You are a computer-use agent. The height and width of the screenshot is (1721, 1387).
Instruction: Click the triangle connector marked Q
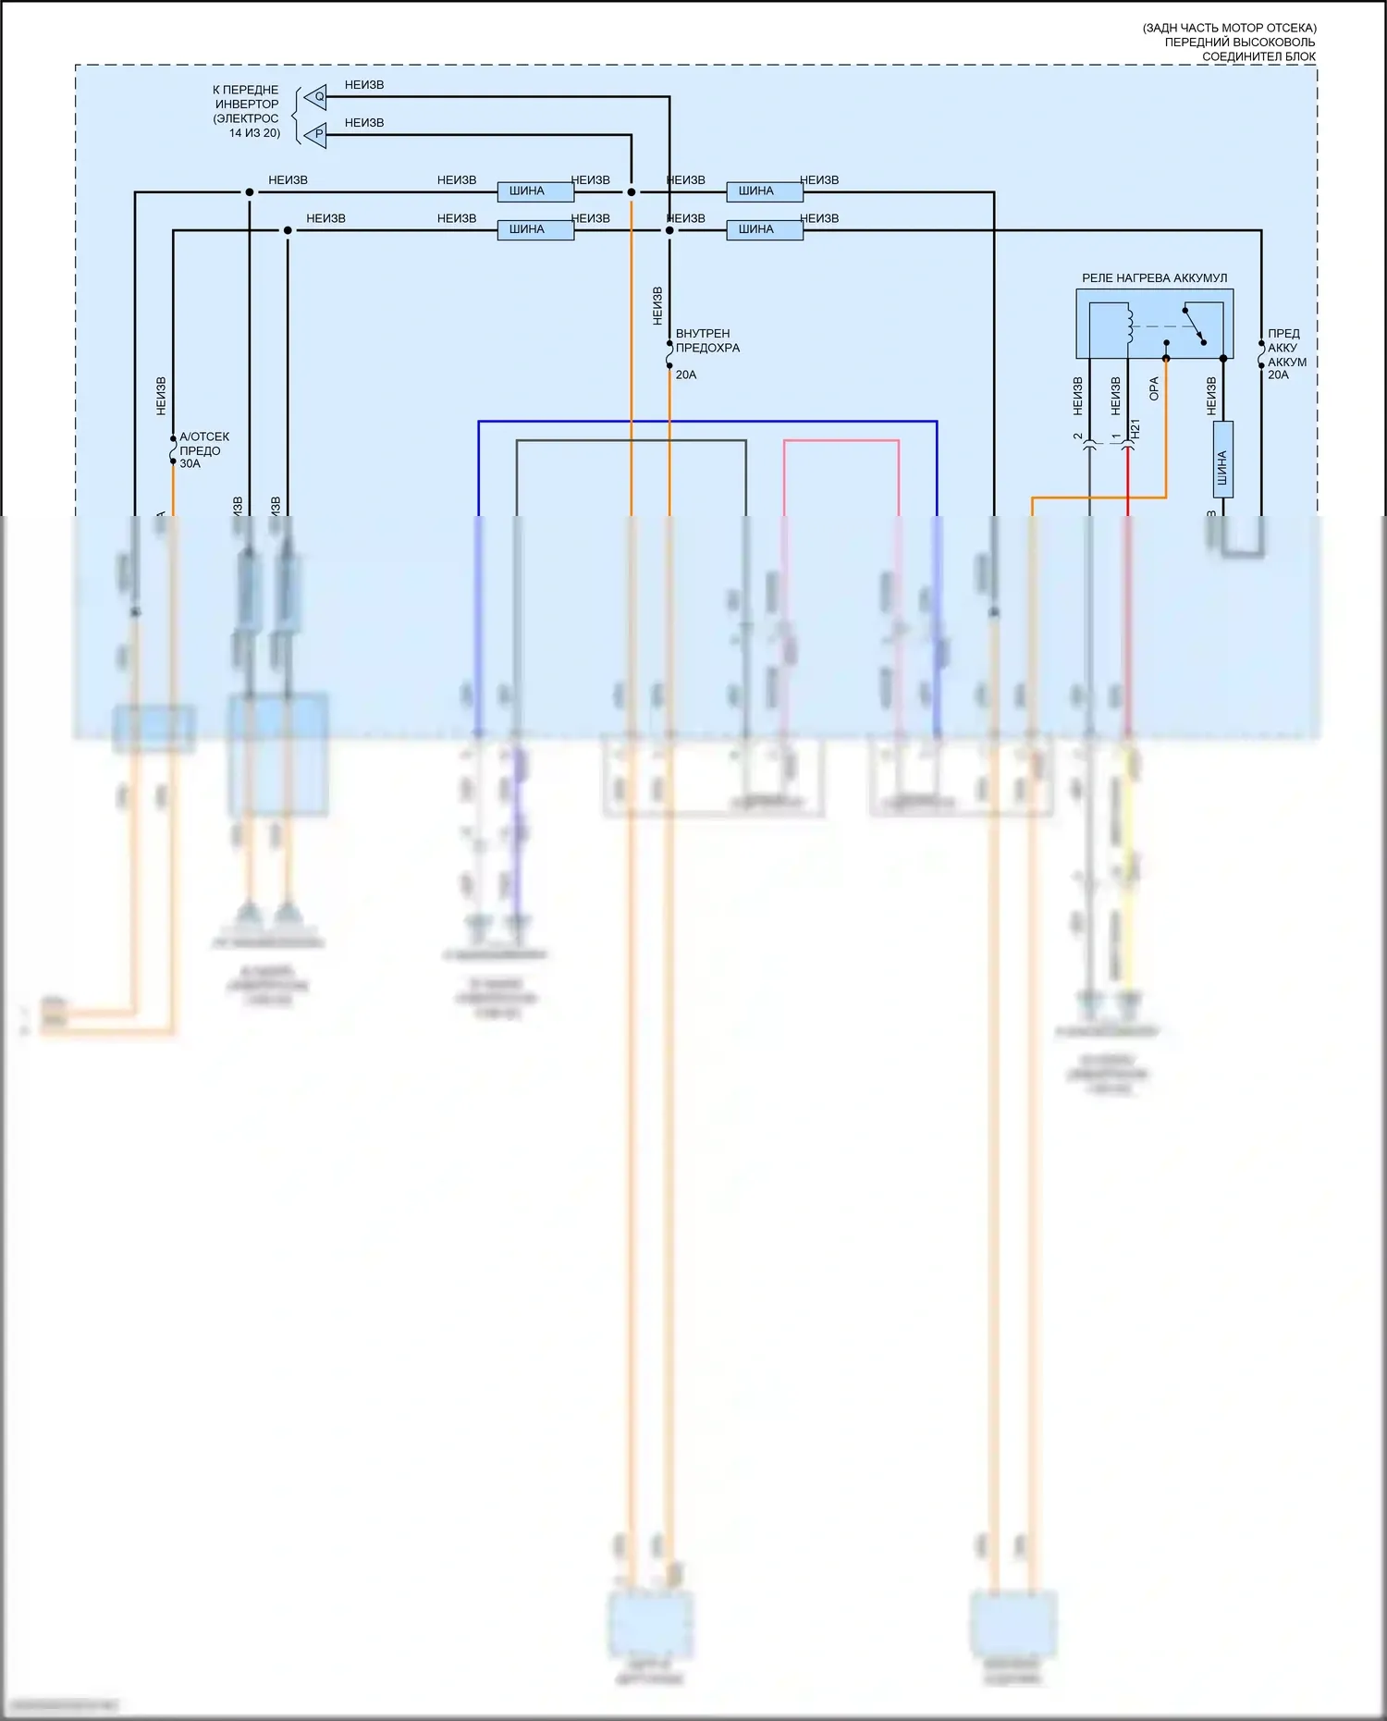317,96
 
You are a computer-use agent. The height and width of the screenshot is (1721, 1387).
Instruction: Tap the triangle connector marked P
317,134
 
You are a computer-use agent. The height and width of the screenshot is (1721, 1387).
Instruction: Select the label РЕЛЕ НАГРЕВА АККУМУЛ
1154,277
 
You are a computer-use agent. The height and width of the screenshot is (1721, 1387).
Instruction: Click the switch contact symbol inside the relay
1194,326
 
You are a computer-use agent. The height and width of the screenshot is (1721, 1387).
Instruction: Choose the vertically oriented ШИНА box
1222,460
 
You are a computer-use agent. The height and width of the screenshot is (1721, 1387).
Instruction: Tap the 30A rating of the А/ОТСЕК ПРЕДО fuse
190,463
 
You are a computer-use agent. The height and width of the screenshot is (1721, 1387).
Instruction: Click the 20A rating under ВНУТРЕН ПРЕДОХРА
686,375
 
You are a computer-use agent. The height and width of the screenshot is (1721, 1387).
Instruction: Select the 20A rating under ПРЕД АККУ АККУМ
1278,375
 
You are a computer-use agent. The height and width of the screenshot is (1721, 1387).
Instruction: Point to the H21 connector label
1135,428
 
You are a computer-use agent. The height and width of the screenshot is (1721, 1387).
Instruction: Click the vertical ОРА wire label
1154,388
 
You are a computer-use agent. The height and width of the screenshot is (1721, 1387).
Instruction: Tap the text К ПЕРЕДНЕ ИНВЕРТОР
246,97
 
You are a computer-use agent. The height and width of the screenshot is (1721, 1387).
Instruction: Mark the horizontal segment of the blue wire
707,422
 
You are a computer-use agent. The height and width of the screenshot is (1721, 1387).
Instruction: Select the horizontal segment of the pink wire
841,441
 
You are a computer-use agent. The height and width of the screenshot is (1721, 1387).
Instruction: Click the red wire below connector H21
1127,481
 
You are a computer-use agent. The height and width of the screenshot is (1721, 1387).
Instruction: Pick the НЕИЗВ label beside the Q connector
364,85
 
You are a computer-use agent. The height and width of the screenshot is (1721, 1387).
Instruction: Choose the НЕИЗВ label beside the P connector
364,123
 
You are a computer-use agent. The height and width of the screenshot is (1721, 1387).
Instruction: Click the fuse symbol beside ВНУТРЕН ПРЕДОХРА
669,354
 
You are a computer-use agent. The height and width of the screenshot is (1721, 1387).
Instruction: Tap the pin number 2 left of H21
1078,436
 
